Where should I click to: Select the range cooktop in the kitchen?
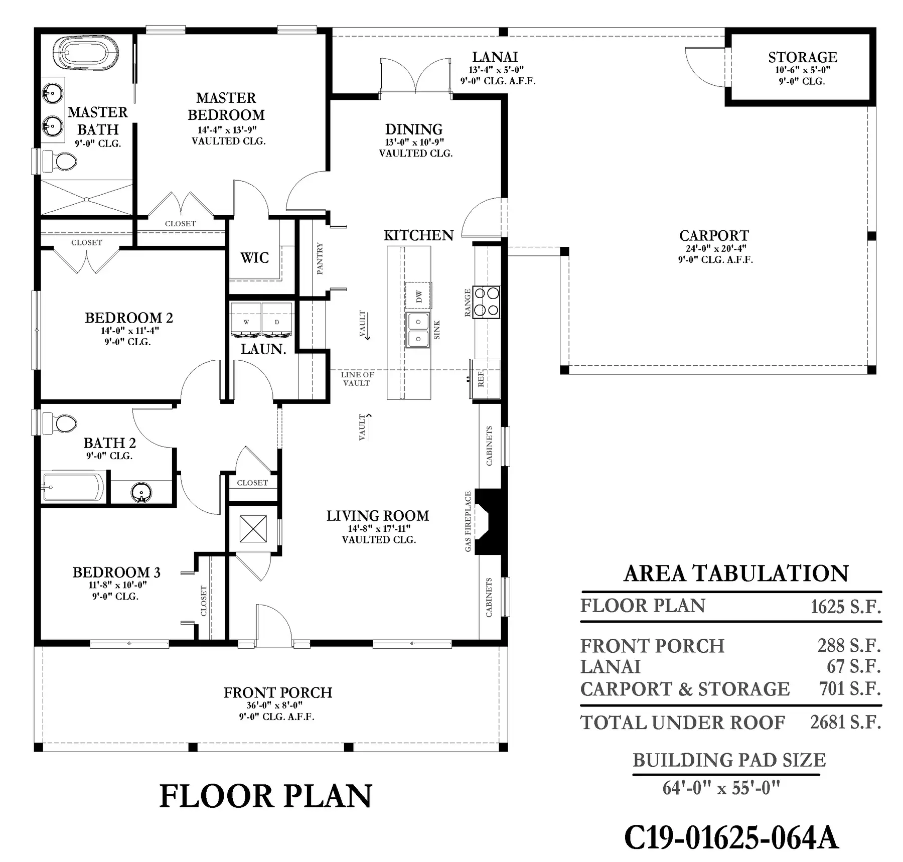[487, 302]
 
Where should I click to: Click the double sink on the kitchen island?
[418, 330]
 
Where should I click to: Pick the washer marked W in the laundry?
[246, 319]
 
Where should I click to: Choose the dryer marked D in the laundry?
[277, 319]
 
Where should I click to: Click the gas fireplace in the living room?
[488, 521]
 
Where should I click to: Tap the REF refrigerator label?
[481, 378]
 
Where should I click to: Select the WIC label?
[255, 258]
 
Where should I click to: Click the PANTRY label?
[320, 258]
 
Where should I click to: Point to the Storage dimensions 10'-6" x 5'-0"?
[803, 70]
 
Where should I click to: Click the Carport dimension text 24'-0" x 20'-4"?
[716, 248]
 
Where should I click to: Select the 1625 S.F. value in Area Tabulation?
[846, 607]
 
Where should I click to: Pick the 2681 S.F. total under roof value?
[846, 722]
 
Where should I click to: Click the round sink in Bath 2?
[141, 492]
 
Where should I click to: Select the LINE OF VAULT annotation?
[357, 379]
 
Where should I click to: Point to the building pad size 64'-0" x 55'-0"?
[721, 788]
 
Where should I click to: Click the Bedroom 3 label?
[116, 572]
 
